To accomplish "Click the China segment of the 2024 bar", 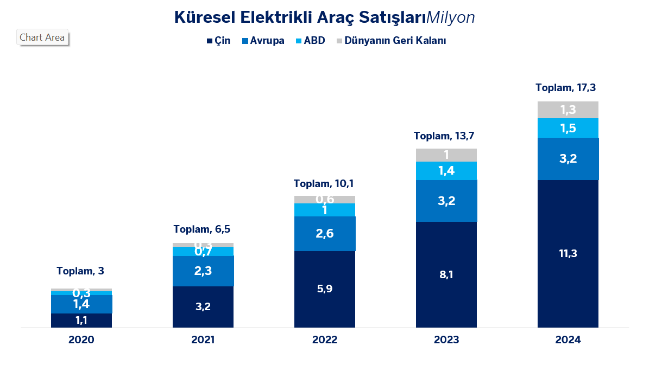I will (568, 253).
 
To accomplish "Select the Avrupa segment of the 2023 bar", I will (446, 201).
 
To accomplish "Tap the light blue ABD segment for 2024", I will (568, 128).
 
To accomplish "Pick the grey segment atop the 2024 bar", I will (568, 110).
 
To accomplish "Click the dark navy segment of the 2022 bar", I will (325, 289).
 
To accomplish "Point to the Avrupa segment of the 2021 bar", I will (203, 271).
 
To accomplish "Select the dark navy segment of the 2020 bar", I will (81, 321).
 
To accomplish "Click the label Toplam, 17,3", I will (569, 87).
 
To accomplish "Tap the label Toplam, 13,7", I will (447, 136).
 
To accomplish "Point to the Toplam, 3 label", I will (80, 271).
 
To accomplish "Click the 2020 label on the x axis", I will (81, 340).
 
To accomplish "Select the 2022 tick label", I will (325, 340).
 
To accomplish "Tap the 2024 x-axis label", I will (568, 340).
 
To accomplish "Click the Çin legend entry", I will (218, 41).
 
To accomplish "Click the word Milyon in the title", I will (451, 17).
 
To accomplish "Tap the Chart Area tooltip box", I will (42, 37).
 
